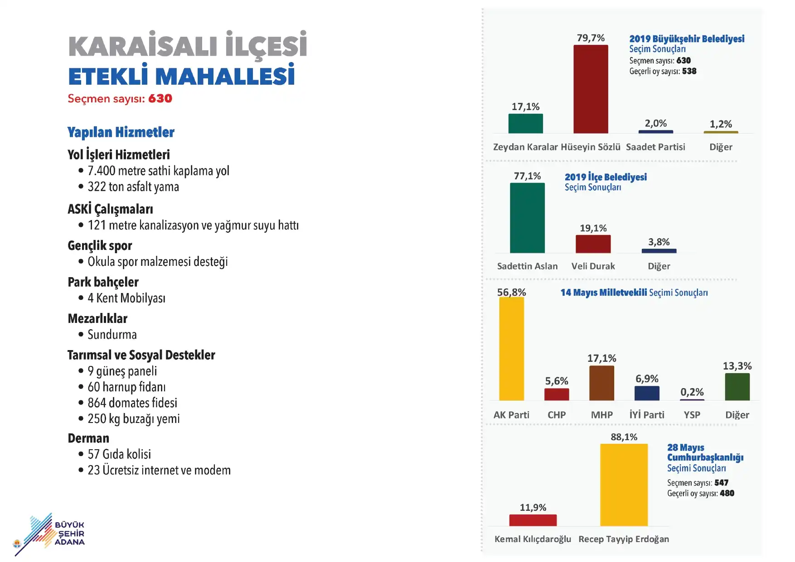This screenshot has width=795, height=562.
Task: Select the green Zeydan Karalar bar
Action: [x=525, y=123]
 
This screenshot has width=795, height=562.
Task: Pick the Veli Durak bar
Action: [x=593, y=244]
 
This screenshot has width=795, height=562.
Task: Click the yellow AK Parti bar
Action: [x=511, y=349]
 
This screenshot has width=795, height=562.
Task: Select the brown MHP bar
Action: [x=601, y=383]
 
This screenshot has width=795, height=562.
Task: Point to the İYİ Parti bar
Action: [x=647, y=393]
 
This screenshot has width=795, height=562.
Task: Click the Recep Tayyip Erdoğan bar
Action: [x=624, y=485]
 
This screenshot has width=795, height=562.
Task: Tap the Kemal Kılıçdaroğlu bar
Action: [x=533, y=520]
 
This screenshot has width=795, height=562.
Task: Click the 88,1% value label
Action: [x=624, y=437]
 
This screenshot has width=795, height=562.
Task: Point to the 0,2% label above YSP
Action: [x=692, y=392]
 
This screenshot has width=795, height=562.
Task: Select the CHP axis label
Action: [x=556, y=415]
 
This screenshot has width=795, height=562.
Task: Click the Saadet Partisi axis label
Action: [x=655, y=147]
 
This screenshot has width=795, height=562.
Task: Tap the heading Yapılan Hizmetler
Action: [x=121, y=132]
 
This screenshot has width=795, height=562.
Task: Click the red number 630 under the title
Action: [x=160, y=98]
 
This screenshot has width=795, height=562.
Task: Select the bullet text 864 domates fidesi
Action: [x=132, y=403]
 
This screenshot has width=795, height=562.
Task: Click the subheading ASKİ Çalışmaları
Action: [x=110, y=209]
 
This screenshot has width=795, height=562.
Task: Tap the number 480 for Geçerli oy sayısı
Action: [x=727, y=493]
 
